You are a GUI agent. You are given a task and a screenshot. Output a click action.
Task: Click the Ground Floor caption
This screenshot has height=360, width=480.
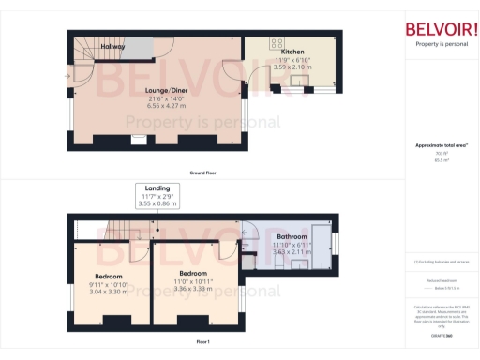point(204,173)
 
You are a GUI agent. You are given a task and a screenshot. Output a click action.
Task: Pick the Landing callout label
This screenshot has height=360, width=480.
point(157,187)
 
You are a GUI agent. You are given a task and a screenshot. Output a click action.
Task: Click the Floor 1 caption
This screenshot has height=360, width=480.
point(202,342)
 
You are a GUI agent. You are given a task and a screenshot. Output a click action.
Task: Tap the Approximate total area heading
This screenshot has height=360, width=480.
point(440,145)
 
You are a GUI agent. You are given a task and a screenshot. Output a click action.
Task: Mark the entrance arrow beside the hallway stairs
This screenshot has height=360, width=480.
point(66,75)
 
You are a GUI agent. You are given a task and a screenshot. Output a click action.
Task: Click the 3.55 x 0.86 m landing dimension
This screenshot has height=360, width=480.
point(157,202)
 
